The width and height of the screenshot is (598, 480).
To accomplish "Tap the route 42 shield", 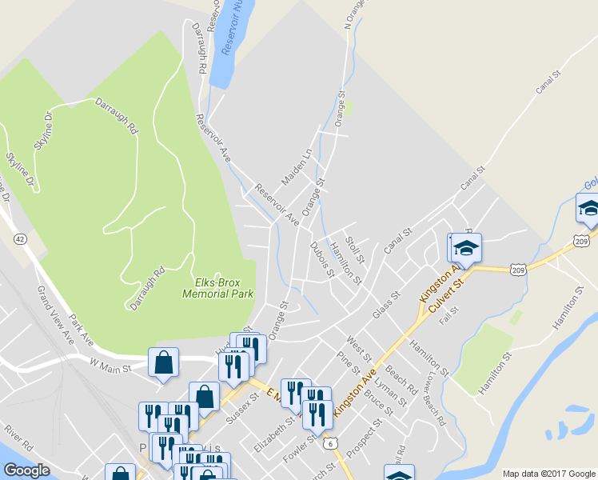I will pyautogui.click(x=21, y=238).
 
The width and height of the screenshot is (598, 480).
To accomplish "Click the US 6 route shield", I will pyautogui.click(x=329, y=442).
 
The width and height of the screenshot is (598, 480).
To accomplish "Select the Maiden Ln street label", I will pyautogui.click(x=296, y=165).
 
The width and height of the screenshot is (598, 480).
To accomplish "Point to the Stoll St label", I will pyautogui.click(x=353, y=249).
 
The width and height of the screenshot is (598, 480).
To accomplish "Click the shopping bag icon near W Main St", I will pyautogui.click(x=164, y=362).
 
